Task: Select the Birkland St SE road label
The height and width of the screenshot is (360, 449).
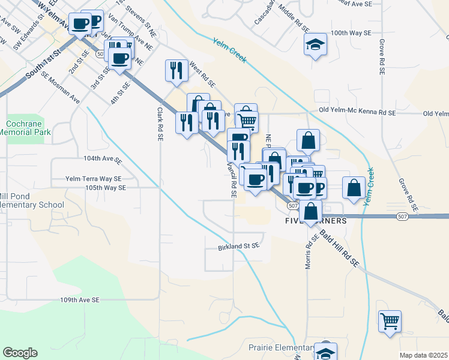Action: [x=238, y=246]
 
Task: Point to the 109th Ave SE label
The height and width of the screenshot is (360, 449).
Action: [x=80, y=299]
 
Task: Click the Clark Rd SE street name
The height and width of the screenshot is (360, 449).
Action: [x=160, y=124]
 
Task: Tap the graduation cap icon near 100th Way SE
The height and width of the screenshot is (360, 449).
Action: [x=315, y=46]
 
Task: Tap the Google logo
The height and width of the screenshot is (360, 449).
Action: [x=20, y=353]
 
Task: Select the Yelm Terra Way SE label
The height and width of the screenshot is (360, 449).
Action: [x=93, y=179]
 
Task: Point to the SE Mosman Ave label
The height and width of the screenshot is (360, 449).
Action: [x=61, y=89]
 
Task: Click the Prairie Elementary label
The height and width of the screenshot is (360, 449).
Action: [x=280, y=348]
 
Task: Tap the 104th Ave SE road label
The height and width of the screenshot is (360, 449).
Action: [x=103, y=160]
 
